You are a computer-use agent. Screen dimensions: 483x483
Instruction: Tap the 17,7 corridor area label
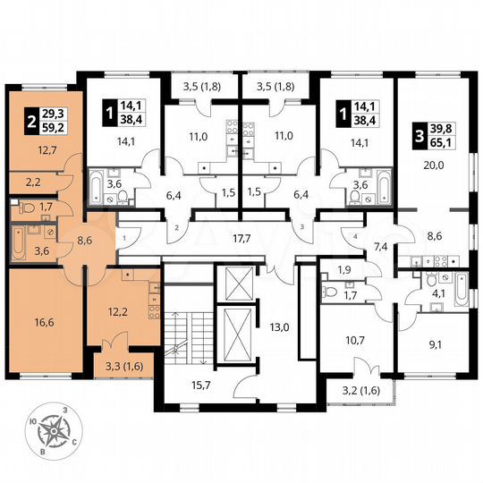(241, 238)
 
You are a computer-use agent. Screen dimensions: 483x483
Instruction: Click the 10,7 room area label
(345, 340)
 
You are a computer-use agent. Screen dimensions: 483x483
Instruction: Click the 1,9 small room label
(343, 269)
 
